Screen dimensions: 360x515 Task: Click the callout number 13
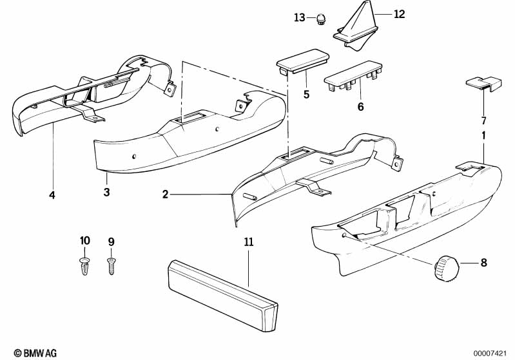click(300, 17)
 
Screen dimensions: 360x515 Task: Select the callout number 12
click(399, 14)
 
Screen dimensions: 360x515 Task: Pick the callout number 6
click(360, 107)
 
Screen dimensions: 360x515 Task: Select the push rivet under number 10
click(84, 265)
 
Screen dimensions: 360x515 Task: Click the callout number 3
click(107, 192)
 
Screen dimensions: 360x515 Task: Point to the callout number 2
click(165, 194)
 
